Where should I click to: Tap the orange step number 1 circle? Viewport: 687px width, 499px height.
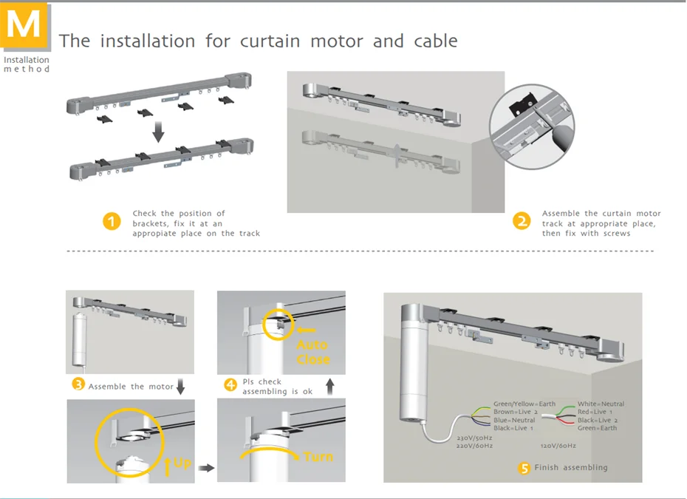pos(111,222)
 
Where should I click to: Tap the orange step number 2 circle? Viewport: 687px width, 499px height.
pos(522,222)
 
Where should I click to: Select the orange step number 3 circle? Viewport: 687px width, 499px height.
pos(78,384)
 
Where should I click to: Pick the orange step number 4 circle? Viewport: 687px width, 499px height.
pos(230,384)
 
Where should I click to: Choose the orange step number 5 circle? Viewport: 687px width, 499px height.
pos(524,468)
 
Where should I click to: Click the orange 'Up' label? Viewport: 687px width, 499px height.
pos(181,464)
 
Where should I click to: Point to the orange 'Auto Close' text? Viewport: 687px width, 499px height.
pos(312,352)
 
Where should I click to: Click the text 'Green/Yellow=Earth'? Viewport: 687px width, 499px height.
pos(524,404)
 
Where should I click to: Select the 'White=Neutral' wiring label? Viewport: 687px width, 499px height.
pos(601,404)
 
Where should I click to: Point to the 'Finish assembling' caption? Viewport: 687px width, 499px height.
pos(571,468)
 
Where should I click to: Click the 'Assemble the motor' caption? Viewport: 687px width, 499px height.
pos(131,386)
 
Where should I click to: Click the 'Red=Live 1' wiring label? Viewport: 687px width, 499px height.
pos(596,413)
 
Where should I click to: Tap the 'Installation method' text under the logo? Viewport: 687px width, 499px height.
pos(27,64)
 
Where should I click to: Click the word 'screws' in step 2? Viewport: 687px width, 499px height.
pos(616,234)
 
